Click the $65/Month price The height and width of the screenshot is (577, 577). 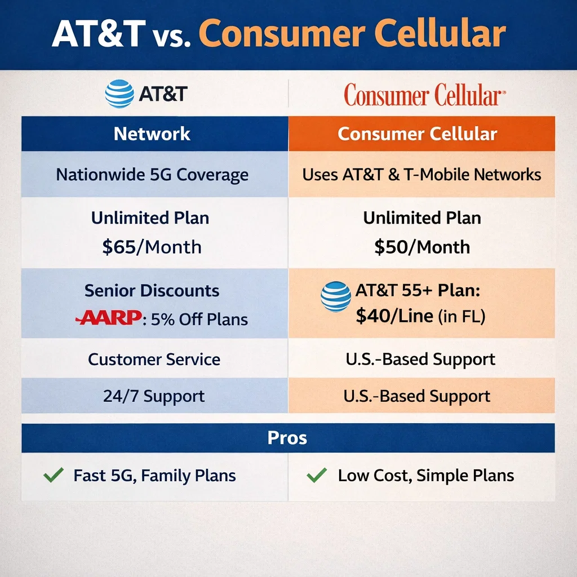[x=152, y=247]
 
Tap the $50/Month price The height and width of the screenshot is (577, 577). [x=421, y=247]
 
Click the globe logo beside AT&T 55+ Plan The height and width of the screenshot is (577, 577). [x=335, y=297]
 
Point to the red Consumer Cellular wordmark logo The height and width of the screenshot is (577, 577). [x=421, y=95]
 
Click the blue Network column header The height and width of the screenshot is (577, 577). [x=152, y=134]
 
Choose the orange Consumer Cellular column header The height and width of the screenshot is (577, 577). [x=418, y=134]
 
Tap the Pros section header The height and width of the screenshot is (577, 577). [x=288, y=438]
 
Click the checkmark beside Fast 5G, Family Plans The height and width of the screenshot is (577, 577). [x=53, y=476]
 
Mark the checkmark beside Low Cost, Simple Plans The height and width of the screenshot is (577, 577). [x=316, y=476]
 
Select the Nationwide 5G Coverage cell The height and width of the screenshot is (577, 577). [x=152, y=174]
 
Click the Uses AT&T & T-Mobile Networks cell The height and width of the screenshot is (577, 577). [x=421, y=174]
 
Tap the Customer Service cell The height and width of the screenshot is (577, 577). [x=154, y=359]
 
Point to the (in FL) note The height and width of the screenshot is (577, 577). [x=461, y=317]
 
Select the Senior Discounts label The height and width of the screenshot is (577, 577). [x=152, y=291]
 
